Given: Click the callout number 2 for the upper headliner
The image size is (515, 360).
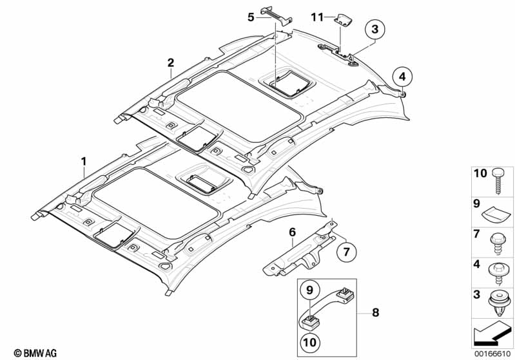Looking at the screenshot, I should (171, 62).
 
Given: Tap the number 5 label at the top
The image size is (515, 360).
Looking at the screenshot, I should (251, 17).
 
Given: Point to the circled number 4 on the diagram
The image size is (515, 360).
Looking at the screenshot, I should (402, 77).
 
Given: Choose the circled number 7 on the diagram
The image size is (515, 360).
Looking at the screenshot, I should (345, 251).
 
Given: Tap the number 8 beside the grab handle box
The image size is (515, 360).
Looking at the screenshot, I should (376, 313).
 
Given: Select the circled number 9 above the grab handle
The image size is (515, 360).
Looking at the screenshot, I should (309, 290).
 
